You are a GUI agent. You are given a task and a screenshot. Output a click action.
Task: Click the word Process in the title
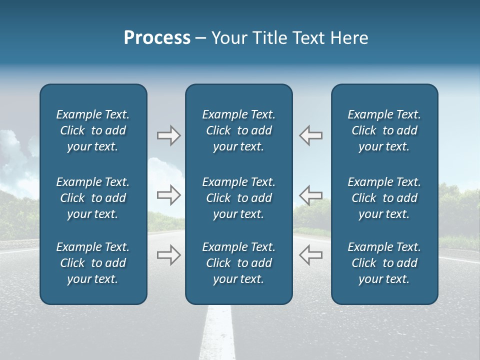click(157, 38)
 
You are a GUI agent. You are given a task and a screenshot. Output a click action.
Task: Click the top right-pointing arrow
click(168, 135)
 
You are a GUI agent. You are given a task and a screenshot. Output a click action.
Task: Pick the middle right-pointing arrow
click(168, 195)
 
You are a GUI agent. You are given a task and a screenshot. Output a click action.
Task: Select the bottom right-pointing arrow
click(168, 255)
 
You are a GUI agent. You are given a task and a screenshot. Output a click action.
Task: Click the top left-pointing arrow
click(310, 135)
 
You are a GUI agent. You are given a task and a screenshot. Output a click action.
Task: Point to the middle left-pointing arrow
click(310, 195)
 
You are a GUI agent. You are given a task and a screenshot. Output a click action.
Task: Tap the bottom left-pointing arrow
click(310, 255)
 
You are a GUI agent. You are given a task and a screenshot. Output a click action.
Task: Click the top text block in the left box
click(93, 130)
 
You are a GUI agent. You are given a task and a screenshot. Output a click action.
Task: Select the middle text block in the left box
click(93, 198)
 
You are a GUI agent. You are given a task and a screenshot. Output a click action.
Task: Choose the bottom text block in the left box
click(93, 263)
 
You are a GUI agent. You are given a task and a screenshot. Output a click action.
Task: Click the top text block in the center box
click(238, 130)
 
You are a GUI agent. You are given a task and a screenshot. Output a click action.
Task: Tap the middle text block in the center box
click(238, 198)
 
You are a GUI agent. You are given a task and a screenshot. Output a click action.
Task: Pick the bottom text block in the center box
click(238, 263)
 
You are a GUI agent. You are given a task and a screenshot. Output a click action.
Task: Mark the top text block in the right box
click(384, 130)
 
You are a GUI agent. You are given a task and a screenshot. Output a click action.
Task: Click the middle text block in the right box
click(384, 198)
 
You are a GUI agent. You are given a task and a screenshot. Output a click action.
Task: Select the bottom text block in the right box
click(384, 263)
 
